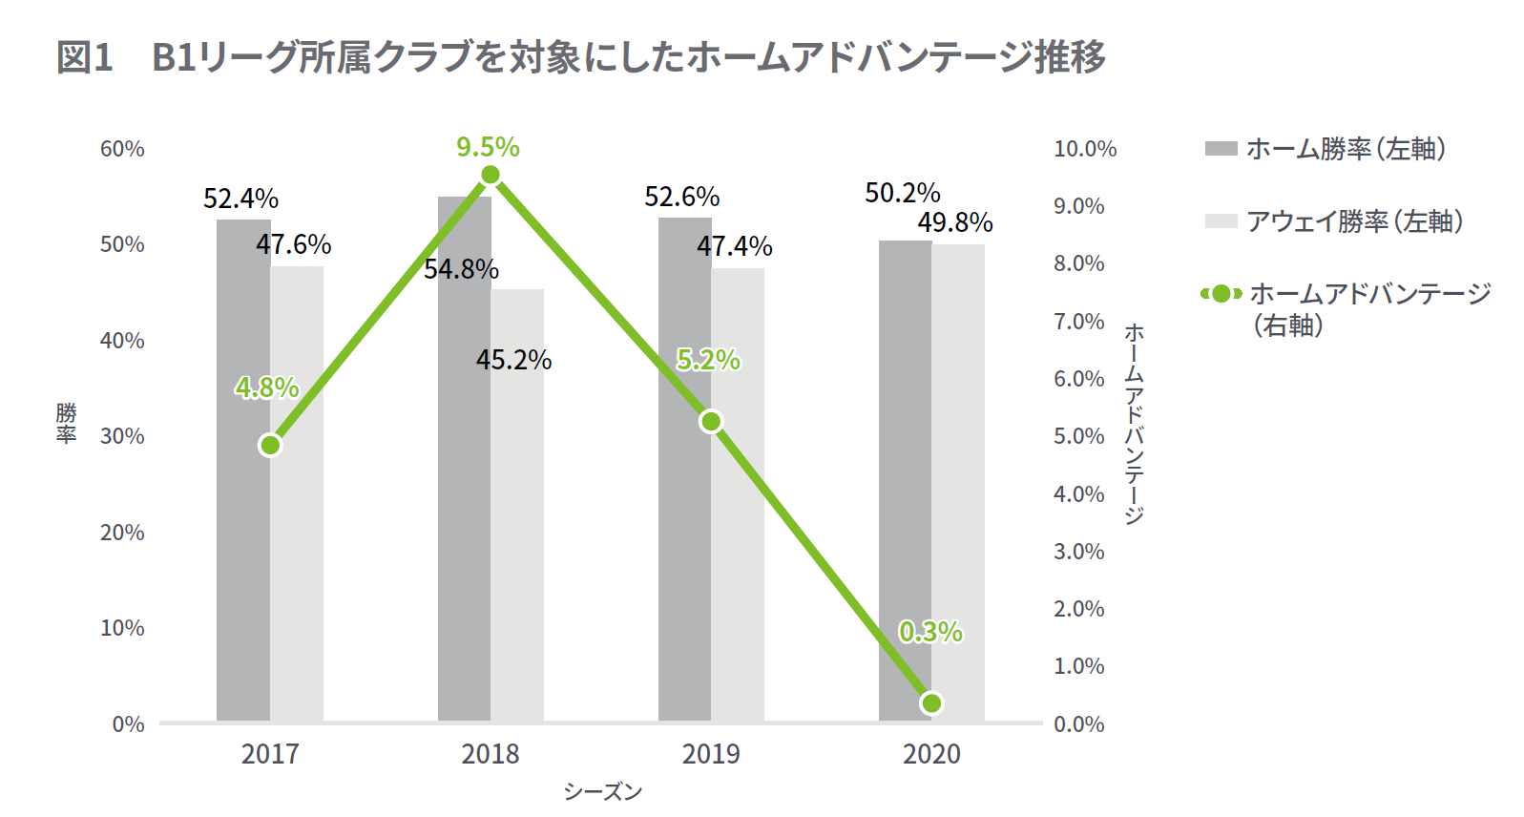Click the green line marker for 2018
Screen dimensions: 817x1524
pyautogui.click(x=491, y=175)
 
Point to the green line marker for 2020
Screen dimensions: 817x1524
pyautogui.click(x=931, y=703)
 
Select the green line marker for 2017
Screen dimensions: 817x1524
pyautogui.click(x=270, y=446)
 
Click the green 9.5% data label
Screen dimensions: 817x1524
pyautogui.click(x=488, y=147)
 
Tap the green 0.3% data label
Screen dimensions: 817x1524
pyautogui.click(x=930, y=632)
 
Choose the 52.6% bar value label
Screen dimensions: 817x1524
pyautogui.click(x=681, y=197)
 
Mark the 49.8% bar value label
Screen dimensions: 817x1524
pyautogui.click(x=955, y=222)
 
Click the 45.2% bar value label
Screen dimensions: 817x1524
pyautogui.click(x=513, y=360)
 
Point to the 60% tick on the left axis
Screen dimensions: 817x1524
pyautogui.click(x=122, y=149)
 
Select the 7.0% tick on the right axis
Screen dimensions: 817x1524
pyautogui.click(x=1078, y=322)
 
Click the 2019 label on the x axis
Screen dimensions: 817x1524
pyautogui.click(x=711, y=754)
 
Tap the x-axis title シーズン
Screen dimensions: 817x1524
pyautogui.click(x=602, y=791)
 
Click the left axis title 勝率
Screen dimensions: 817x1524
pyautogui.click(x=66, y=423)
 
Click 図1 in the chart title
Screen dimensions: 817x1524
pyautogui.click(x=85, y=57)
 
